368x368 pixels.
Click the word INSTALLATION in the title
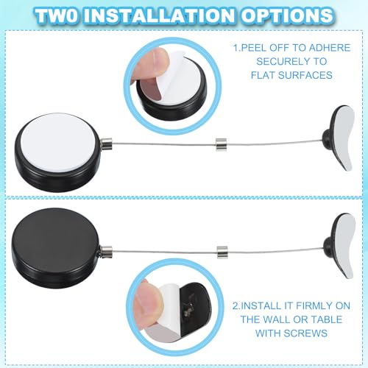point(159,15)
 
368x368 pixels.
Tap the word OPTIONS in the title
point(286,15)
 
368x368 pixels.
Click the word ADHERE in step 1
point(330,48)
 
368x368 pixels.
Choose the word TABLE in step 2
point(326,319)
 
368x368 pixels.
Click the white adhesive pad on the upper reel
point(57,142)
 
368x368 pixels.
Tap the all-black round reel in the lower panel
point(56,248)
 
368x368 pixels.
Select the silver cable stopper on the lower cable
point(222,252)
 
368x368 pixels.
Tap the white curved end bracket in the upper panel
point(344,138)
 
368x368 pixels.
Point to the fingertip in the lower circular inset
point(148,300)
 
